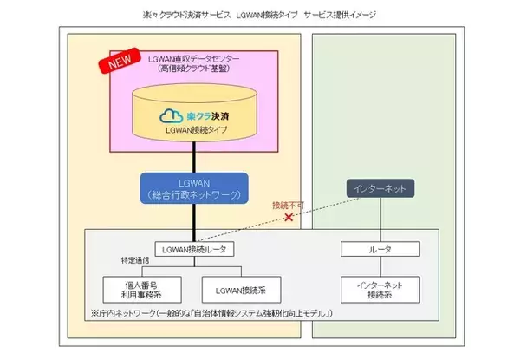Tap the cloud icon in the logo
coord(170,115)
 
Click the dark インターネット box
coord(380,187)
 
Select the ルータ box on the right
coord(380,250)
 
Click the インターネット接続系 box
coord(380,288)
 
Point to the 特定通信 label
coord(122,262)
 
